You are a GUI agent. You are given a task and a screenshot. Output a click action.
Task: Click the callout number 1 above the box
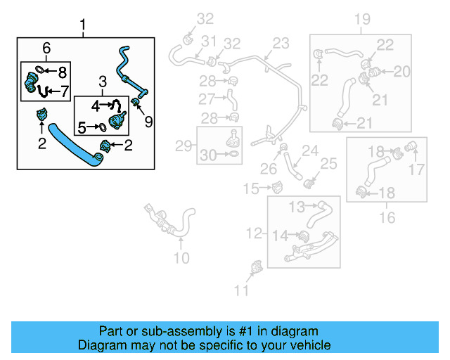pyautogui.click(x=84, y=28)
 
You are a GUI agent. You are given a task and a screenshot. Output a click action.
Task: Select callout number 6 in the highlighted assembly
pyautogui.click(x=47, y=48)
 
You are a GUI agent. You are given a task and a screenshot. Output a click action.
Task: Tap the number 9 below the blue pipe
pyautogui.click(x=148, y=122)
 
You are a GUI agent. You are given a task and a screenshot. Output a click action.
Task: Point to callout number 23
pyautogui.click(x=281, y=44)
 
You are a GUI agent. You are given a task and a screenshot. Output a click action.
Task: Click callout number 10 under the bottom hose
pyautogui.click(x=181, y=258)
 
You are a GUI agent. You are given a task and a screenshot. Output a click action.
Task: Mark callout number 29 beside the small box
pyautogui.click(x=184, y=146)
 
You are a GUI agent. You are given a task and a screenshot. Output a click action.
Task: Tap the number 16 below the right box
pyautogui.click(x=387, y=218)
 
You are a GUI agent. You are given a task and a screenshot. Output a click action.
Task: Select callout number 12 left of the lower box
pyautogui.click(x=254, y=233)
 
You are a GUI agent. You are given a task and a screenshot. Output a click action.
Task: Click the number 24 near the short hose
pyautogui.click(x=310, y=150)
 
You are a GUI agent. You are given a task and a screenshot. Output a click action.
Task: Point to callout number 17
pyautogui.click(x=417, y=169)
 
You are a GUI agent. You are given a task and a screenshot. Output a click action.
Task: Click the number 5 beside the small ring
pyautogui.click(x=82, y=128)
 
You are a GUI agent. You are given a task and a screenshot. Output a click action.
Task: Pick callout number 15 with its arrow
pyautogui.click(x=251, y=188)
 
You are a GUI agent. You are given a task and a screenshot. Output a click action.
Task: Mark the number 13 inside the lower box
pyautogui.click(x=296, y=207)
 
